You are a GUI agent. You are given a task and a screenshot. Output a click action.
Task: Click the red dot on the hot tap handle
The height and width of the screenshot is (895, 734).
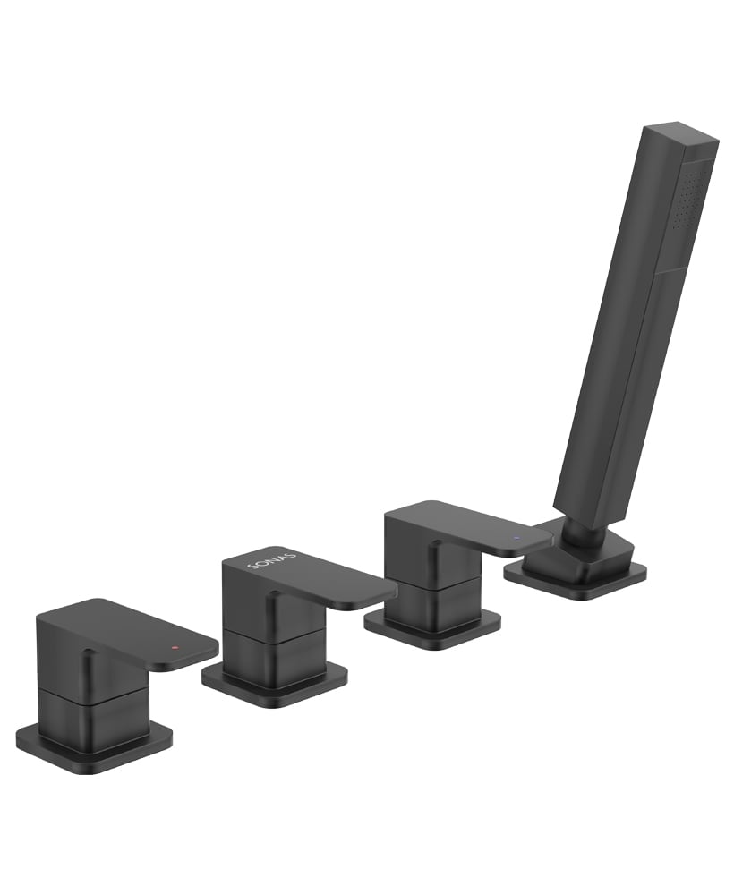pyautogui.click(x=175, y=648)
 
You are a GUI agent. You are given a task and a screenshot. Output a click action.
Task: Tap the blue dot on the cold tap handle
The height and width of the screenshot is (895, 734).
pyautogui.click(x=516, y=538)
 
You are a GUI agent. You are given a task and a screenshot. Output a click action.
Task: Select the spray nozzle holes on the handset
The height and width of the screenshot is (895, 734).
pyautogui.click(x=689, y=198)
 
